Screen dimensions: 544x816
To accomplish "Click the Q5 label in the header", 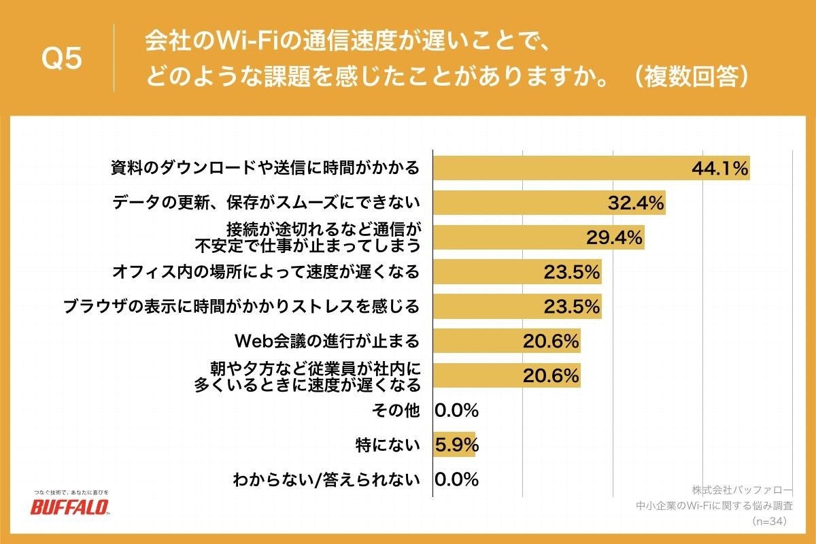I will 62,60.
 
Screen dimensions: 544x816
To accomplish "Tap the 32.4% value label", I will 635,203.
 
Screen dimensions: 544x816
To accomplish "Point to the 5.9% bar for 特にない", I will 454,445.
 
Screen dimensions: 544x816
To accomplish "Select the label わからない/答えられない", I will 326,479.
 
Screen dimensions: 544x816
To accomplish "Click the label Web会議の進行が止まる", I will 326,341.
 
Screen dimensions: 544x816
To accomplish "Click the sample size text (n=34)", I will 769,522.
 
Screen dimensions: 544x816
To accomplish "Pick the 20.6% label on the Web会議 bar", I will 551,341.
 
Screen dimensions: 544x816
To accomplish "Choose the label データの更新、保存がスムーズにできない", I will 265,203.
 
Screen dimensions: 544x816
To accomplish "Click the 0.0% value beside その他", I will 456,410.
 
